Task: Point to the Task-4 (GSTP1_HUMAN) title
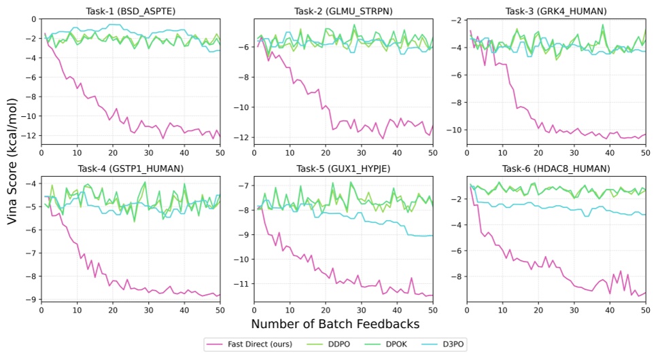click(x=131, y=168)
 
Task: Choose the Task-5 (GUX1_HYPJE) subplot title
click(x=343, y=168)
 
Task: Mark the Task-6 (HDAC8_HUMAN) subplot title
click(x=555, y=168)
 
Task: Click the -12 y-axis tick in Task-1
click(x=29, y=136)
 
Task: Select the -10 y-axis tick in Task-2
click(x=242, y=107)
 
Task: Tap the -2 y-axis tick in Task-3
click(x=455, y=19)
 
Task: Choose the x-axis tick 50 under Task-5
click(x=432, y=310)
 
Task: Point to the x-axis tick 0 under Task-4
click(x=41, y=310)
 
